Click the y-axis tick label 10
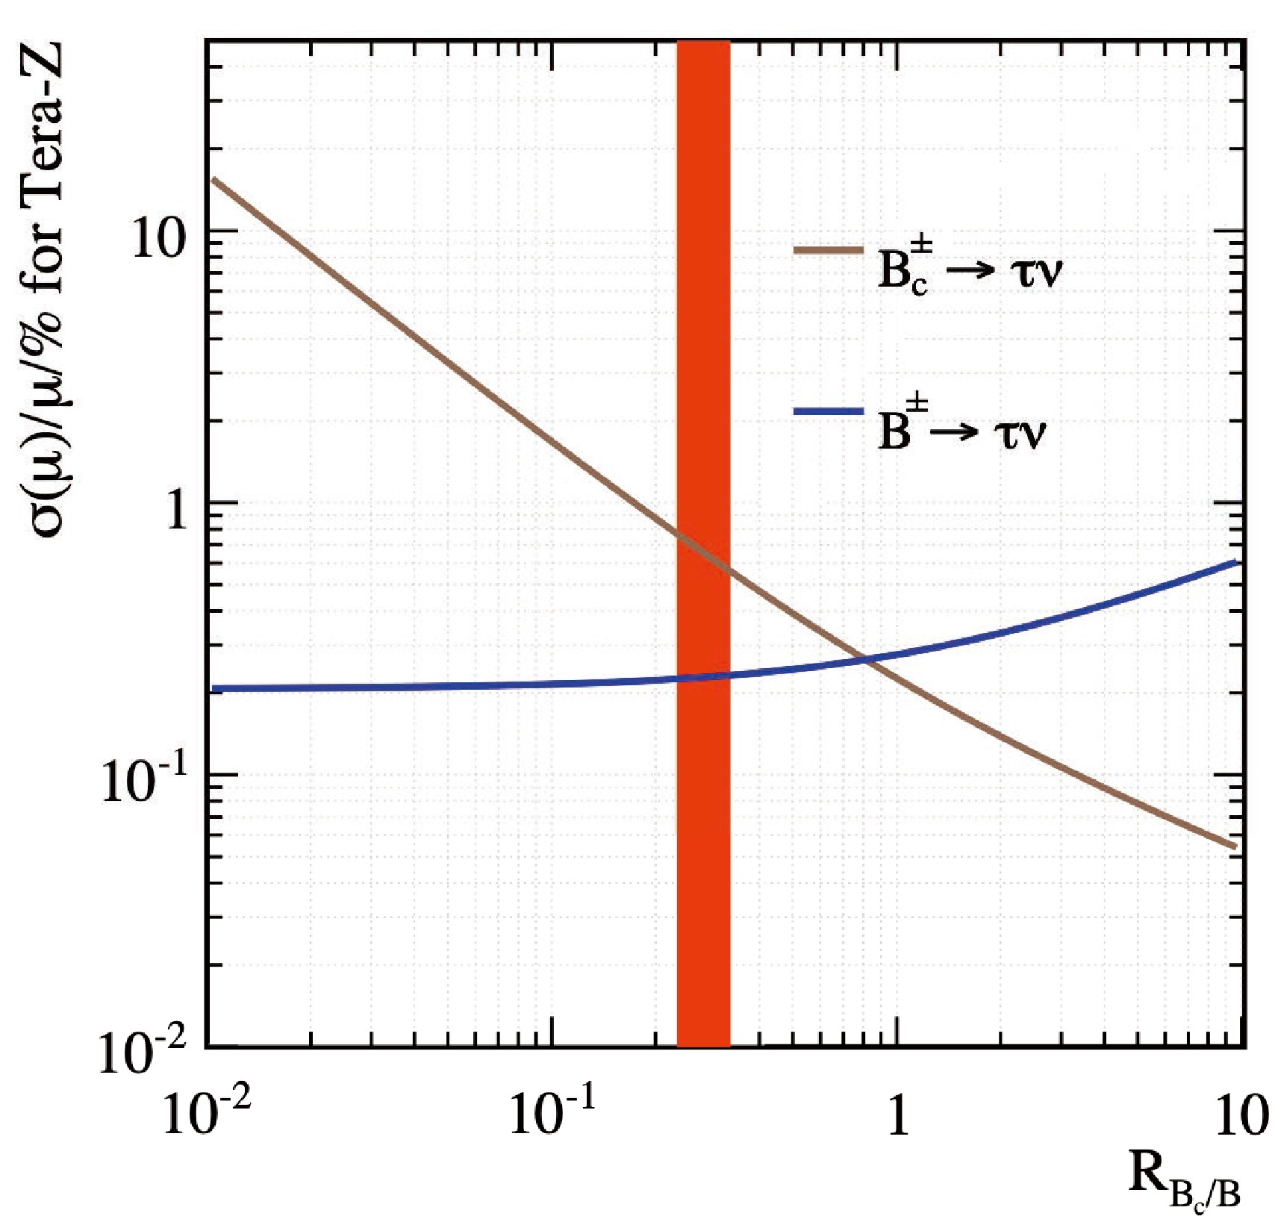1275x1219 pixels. [158, 240]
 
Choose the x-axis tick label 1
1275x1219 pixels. [899, 1114]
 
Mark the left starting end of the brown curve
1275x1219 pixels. [213, 179]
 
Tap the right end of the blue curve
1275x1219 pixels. [1236, 562]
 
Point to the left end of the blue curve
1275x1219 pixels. [213, 688]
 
